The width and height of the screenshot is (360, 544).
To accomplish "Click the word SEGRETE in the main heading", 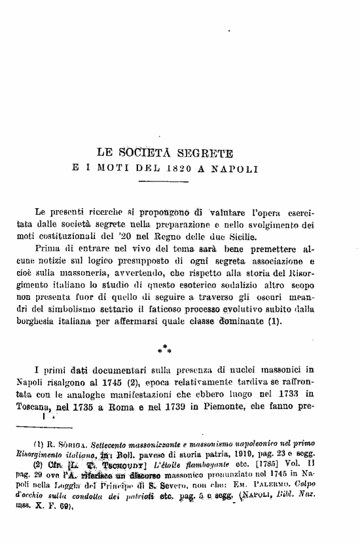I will pos(203,154).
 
